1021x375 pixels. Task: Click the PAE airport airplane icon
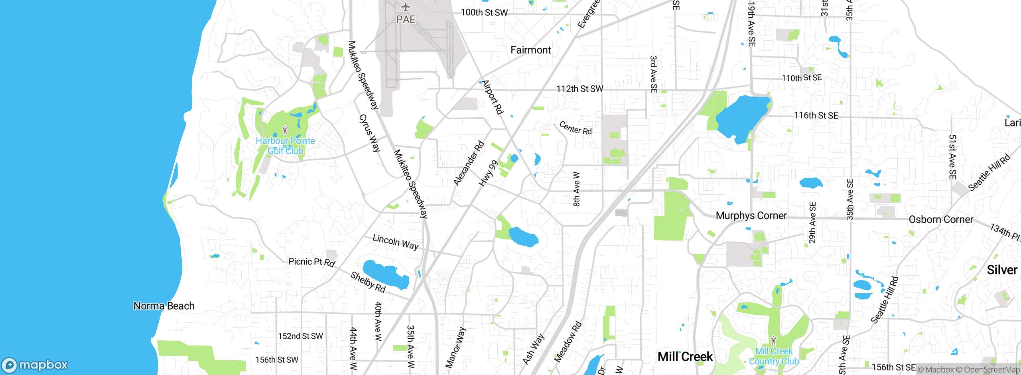click(x=406, y=7)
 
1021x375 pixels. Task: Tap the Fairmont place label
click(x=530, y=50)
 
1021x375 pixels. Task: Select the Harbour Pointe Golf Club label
click(x=285, y=146)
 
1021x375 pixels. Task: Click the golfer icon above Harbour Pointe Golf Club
click(x=285, y=130)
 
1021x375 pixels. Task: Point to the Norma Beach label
click(x=164, y=306)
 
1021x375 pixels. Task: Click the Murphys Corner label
click(x=751, y=216)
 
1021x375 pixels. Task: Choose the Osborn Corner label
click(x=940, y=220)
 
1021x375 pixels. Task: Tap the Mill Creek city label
click(x=685, y=357)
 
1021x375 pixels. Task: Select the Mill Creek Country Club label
click(x=774, y=356)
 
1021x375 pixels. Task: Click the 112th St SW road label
click(x=579, y=89)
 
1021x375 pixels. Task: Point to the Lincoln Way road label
click(x=395, y=242)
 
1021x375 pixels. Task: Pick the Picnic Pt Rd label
click(x=311, y=262)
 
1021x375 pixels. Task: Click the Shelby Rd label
click(x=368, y=282)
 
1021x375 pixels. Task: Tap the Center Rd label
click(x=575, y=128)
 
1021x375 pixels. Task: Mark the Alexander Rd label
click(x=469, y=163)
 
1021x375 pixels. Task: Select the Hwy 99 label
click(x=488, y=173)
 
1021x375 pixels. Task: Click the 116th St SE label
click(x=816, y=116)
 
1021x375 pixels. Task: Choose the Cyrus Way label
click(x=370, y=133)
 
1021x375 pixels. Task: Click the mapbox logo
click(x=35, y=365)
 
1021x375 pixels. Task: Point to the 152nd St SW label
click(x=300, y=336)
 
